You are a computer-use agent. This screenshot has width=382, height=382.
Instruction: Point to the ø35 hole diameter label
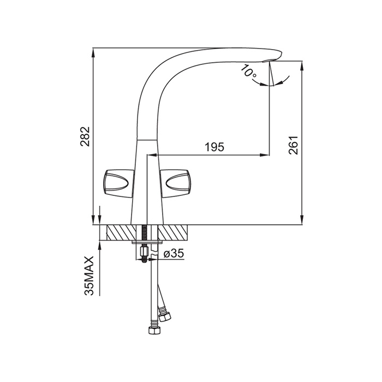(174, 253)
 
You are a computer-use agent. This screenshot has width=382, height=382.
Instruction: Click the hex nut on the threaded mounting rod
(144, 253)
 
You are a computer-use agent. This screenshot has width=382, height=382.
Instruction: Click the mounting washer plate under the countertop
(148, 242)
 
